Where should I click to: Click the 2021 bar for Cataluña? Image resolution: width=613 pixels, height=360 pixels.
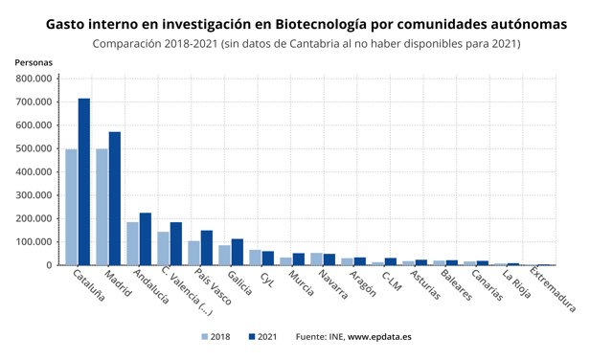[x=83, y=182]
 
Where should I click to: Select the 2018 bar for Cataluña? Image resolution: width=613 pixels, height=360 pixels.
[x=71, y=207]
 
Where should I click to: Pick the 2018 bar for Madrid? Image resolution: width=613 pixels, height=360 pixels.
[x=102, y=207]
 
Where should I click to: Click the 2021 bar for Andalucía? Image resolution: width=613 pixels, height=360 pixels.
[x=145, y=239]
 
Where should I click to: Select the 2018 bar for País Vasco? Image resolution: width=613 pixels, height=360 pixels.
[x=193, y=253]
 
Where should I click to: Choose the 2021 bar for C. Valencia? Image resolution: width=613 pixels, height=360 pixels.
[x=175, y=244]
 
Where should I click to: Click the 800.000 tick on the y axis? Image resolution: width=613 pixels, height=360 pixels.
[x=34, y=79]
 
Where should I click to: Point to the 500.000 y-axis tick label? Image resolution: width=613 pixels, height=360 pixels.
[x=34, y=148]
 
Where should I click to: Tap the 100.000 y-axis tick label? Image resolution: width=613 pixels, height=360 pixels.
[x=34, y=242]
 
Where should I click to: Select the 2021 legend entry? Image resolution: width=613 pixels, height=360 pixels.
[x=263, y=337]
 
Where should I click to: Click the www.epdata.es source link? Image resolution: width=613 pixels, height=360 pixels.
[x=379, y=337]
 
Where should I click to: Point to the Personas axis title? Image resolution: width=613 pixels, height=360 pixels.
[x=34, y=62]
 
